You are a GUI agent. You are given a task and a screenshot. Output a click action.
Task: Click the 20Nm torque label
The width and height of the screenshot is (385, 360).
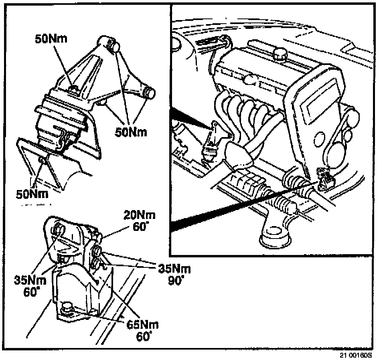pos(139,215)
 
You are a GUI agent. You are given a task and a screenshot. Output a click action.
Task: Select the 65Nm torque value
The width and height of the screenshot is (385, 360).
pos(142,325)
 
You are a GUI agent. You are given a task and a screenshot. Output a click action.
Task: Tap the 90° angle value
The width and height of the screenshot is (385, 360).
pos(176,280)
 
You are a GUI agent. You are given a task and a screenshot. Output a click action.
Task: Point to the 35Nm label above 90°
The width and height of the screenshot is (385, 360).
pos(174,269)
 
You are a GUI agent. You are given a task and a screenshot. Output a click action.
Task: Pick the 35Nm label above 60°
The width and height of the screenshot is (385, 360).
pos(30,280)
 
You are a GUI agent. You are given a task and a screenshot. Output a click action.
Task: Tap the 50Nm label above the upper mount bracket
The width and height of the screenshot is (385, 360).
pos(51,39)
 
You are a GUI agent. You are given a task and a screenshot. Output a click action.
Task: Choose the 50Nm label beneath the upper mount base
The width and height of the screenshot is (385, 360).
pos(32,194)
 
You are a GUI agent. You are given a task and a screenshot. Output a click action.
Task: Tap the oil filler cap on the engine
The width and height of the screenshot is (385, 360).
pos(280,54)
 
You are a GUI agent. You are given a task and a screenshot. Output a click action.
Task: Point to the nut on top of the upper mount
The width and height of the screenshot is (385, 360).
pos(74,89)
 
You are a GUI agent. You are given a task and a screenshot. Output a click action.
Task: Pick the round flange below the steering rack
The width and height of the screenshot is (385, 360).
pos(275,236)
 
